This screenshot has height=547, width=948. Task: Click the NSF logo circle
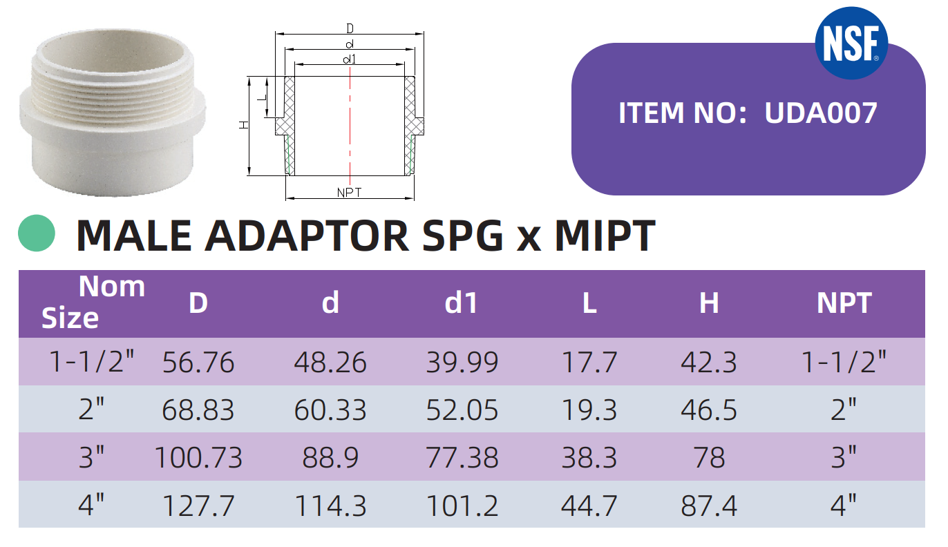(x=850, y=42)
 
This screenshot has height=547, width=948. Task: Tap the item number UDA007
(x=821, y=113)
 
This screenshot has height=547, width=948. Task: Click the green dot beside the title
(x=36, y=233)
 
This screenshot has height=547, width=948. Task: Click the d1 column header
(x=462, y=303)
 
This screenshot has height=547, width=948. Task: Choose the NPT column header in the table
(x=844, y=303)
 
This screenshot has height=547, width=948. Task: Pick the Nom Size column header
(x=93, y=302)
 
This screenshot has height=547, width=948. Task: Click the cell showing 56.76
(x=198, y=362)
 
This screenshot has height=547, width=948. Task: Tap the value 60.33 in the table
(x=330, y=410)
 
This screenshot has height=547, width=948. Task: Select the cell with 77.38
(x=462, y=457)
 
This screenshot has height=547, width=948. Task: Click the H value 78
(x=709, y=457)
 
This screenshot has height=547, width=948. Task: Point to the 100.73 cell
(x=198, y=457)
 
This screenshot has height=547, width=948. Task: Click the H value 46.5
(x=709, y=410)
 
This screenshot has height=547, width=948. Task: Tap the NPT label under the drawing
(x=350, y=192)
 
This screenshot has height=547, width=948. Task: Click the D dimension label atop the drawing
(x=350, y=28)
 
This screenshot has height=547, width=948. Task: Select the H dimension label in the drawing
(x=243, y=125)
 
